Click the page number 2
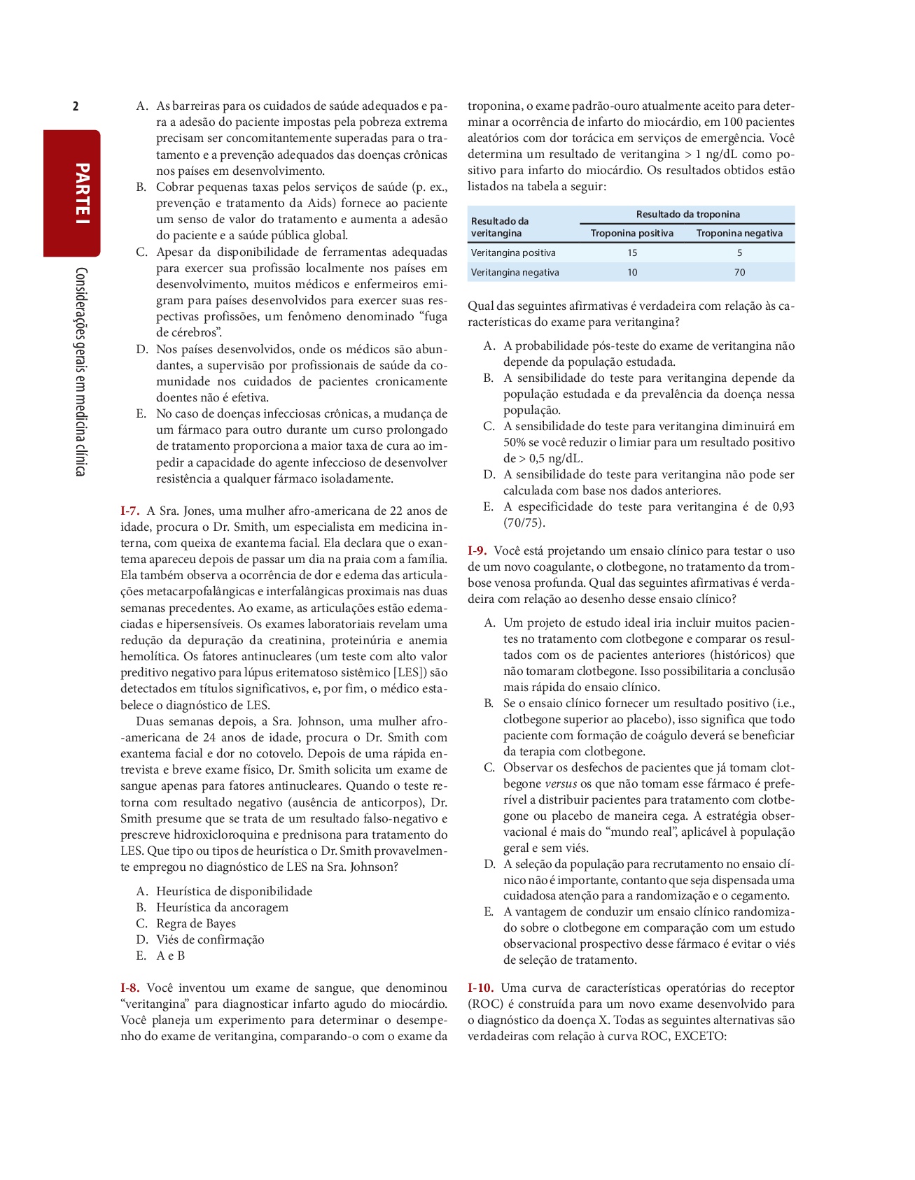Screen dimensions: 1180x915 click(76, 106)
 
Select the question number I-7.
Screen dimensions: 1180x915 click(130, 511)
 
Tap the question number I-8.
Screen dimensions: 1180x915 click(130, 988)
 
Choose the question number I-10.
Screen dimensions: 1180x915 click(481, 988)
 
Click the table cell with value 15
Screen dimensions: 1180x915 click(632, 253)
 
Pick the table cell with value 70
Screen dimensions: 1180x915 click(739, 272)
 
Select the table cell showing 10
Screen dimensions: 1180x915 click(632, 272)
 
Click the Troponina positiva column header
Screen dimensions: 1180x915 click(632, 233)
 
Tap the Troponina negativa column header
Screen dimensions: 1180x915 click(739, 233)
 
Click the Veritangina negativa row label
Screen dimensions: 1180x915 click(515, 272)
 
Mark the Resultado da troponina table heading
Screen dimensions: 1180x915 click(687, 214)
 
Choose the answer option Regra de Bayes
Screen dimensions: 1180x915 click(195, 923)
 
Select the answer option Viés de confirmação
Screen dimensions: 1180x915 click(210, 939)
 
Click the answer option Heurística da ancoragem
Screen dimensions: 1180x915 click(222, 907)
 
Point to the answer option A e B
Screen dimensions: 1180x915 click(170, 955)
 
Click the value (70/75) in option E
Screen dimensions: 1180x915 click(524, 523)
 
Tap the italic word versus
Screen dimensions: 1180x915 click(561, 783)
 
